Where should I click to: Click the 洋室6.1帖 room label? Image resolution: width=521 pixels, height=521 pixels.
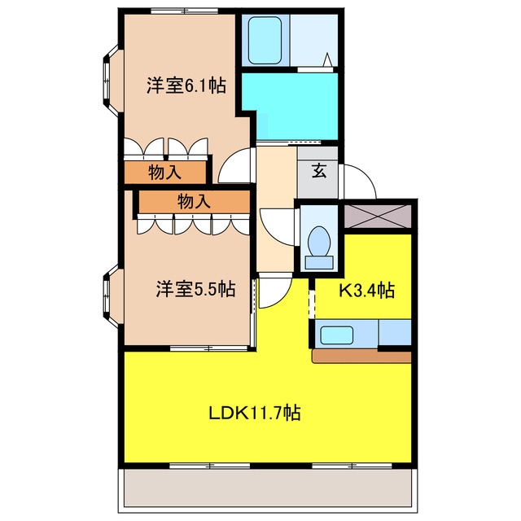[186, 85]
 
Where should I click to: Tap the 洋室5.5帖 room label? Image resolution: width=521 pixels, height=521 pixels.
[195, 289]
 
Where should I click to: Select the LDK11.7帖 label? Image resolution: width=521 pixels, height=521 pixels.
[255, 413]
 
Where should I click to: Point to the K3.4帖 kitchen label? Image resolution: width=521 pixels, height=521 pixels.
[366, 290]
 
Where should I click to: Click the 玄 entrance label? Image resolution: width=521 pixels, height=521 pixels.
[319, 171]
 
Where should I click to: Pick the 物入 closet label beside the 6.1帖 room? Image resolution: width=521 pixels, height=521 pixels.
[164, 173]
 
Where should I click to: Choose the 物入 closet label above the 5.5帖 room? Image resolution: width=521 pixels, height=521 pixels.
[194, 201]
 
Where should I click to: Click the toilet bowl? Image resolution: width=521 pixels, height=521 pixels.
[319, 242]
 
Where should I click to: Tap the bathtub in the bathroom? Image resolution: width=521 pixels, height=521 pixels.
[265, 40]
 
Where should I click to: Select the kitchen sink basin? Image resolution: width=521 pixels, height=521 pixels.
[336, 335]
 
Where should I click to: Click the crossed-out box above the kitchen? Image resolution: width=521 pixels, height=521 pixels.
[378, 217]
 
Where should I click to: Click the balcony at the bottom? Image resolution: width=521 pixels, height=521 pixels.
[268, 488]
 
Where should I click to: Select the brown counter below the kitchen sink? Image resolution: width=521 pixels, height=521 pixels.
[362, 356]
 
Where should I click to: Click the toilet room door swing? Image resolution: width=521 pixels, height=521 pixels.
[278, 227]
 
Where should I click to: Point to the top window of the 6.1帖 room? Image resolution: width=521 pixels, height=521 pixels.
[185, 11]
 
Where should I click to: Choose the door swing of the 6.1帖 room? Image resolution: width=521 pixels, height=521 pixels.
[236, 165]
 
